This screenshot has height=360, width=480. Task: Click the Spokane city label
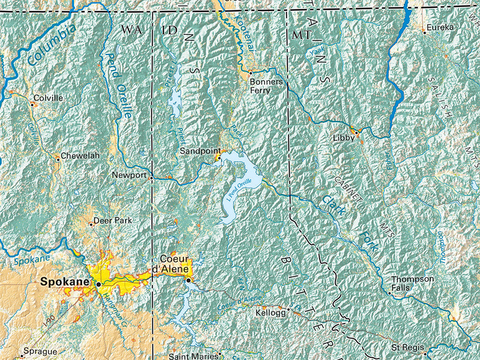click(x=64, y=282)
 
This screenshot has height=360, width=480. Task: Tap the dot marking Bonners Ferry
click(x=251, y=73)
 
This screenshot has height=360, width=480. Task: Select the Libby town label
click(x=343, y=138)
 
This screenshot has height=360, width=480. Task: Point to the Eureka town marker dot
click(x=424, y=32)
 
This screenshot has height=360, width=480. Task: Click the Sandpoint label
click(x=200, y=151)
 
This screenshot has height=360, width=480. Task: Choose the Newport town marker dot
click(x=151, y=178)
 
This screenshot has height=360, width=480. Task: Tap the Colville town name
click(x=48, y=98)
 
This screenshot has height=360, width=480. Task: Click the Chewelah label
click(x=80, y=156)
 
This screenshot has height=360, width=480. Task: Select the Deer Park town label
click(x=113, y=220)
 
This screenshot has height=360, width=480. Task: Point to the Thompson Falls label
click(x=406, y=283)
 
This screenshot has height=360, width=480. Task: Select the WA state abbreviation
click(x=131, y=30)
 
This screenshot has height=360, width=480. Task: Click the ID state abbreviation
click(x=169, y=31)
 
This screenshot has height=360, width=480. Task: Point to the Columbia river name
click(x=51, y=45)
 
